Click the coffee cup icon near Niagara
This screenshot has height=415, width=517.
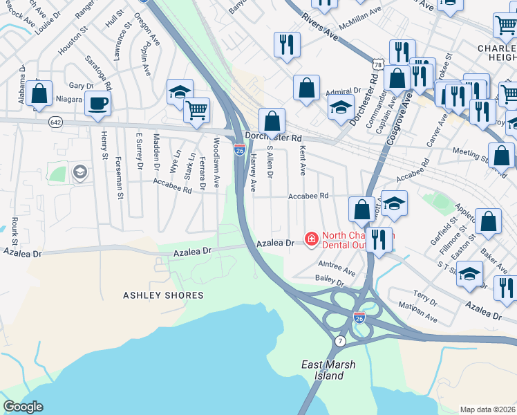tap(97, 104)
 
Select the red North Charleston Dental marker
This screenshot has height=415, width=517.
tap(312, 239)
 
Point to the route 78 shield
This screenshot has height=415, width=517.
tap(377, 64)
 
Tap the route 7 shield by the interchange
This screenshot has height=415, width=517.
tap(340, 342)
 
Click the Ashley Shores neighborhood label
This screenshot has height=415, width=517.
tap(163, 295)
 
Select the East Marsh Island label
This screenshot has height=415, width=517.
tap(323, 370)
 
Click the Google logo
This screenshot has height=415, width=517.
tap(23, 407)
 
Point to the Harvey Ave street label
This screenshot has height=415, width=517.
tap(253, 173)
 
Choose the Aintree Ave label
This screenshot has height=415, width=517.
tap(337, 264)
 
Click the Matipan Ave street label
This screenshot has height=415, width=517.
tap(419, 312)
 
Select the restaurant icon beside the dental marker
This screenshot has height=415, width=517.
tap(378, 239)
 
